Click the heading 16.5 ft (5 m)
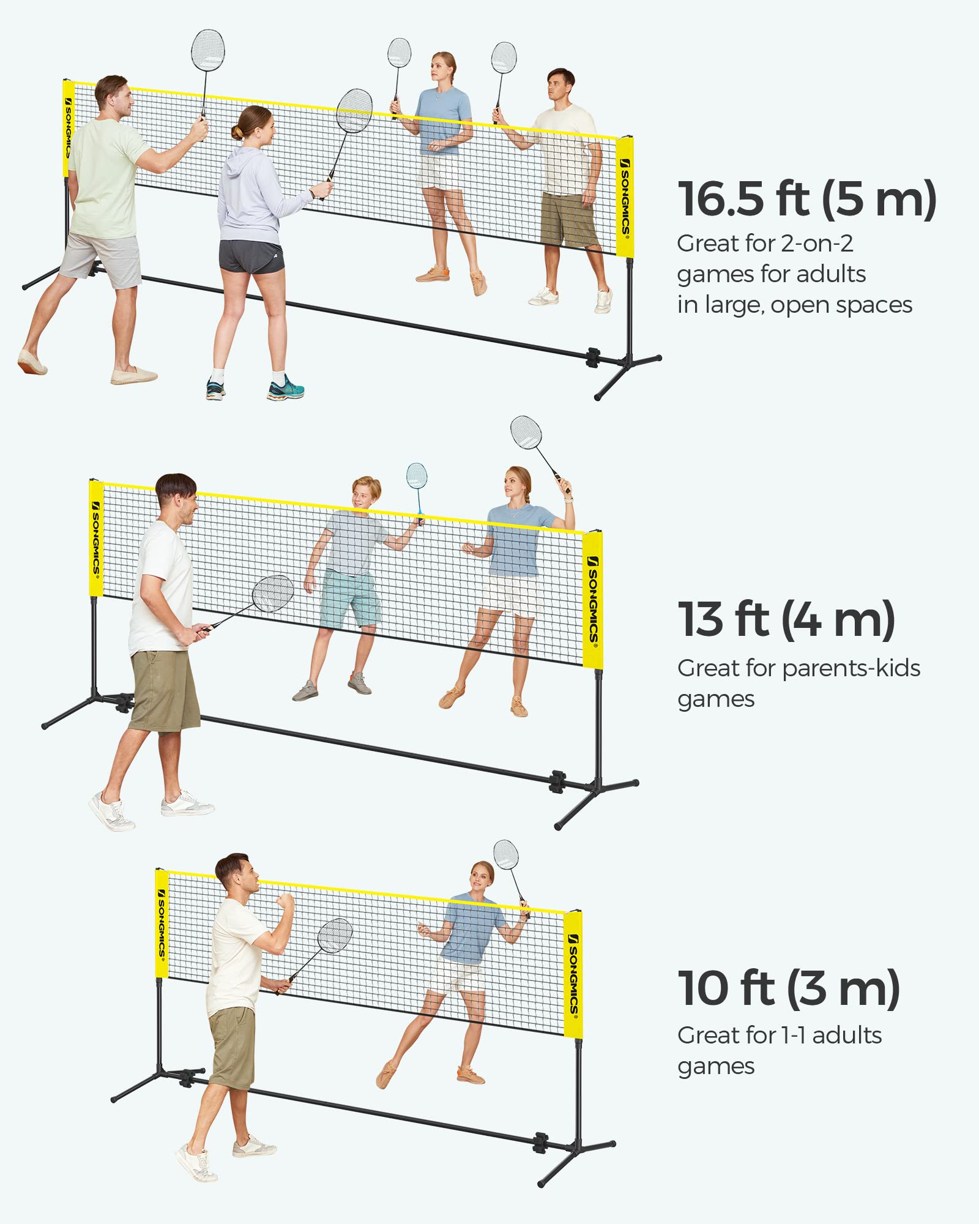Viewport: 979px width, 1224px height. click(x=806, y=199)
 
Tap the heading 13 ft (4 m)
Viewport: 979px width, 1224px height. click(x=786, y=619)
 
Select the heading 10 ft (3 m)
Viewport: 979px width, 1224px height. click(x=788, y=988)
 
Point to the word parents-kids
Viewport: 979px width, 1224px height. click(x=851, y=668)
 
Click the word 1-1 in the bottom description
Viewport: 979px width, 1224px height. click(x=793, y=1036)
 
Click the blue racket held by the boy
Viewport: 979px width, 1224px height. click(x=417, y=476)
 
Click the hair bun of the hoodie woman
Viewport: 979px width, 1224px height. click(x=237, y=132)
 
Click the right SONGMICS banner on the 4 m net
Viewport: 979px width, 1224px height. click(x=592, y=600)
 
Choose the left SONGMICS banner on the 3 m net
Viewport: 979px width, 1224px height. click(x=162, y=923)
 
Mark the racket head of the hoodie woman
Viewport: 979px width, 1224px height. click(x=354, y=111)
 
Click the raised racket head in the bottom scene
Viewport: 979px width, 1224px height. click(x=506, y=854)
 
